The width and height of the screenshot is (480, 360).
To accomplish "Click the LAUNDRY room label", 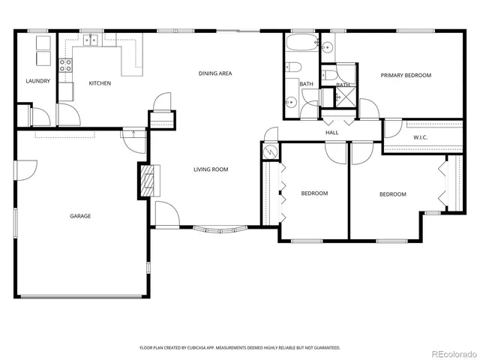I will click(37, 81).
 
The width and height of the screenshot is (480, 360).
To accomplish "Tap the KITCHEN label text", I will click(100, 83).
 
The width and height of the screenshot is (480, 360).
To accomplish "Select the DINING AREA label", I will click(214, 73).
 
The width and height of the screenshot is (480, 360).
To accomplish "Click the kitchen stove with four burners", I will click(65, 65).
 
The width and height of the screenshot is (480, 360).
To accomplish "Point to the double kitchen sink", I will click(92, 40).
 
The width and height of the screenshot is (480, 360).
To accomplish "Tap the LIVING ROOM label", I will click(211, 169).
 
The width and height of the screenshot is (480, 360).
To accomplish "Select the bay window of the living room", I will click(220, 227).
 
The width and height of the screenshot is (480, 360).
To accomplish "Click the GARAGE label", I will click(81, 216).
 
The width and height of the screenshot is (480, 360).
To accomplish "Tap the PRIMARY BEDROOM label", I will click(406, 75).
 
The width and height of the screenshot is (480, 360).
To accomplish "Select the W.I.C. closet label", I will click(420, 137).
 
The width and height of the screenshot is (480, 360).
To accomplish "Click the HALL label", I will click(331, 133).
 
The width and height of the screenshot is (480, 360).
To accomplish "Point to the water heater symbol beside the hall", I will click(270, 151).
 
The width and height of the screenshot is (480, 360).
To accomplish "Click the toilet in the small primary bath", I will click(329, 75).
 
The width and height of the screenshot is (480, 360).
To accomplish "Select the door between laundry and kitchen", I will click(66, 114).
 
